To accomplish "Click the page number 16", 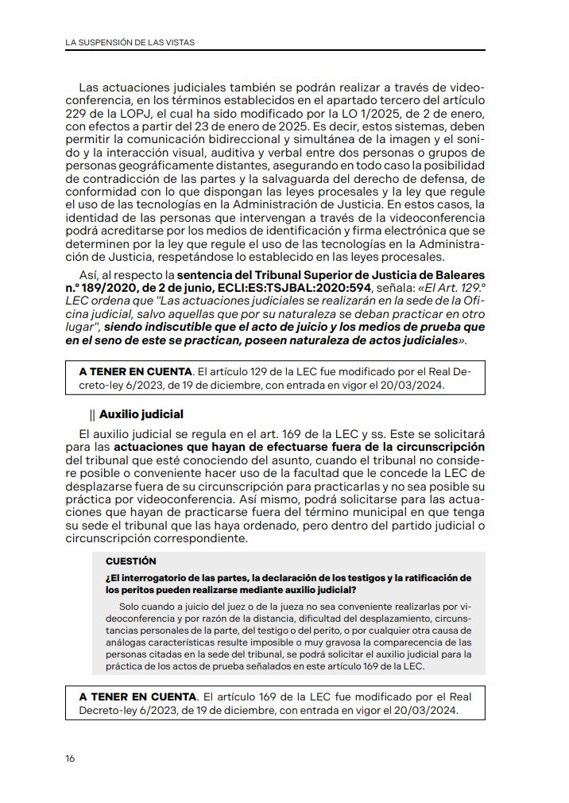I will coord(70,758).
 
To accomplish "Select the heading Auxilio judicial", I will coord(141,414).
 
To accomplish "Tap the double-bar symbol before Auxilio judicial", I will coord(93,414).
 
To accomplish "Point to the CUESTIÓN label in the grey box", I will coord(131,561).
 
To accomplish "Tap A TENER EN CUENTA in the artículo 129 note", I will coord(134,371).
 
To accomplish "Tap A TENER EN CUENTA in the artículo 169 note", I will coord(134,696).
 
